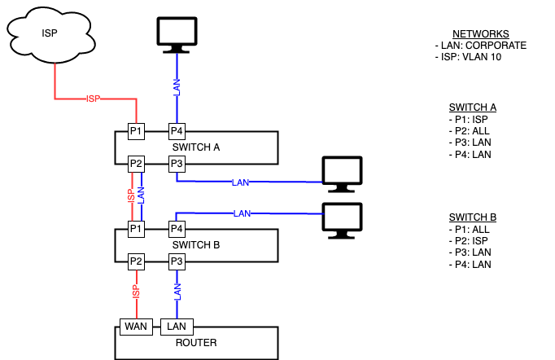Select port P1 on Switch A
(x=136, y=131)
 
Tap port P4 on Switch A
(x=177, y=131)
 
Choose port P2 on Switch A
(x=136, y=164)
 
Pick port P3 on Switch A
(x=177, y=164)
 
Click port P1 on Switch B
(x=136, y=228)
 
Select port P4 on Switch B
(x=177, y=228)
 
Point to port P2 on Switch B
(x=136, y=261)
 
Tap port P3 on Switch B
(x=177, y=261)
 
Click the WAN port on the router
(x=134, y=326)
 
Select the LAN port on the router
(x=177, y=326)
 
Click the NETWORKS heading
(x=480, y=33)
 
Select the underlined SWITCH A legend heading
(x=472, y=107)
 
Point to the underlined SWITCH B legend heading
(x=472, y=217)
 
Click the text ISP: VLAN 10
(x=470, y=57)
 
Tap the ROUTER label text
(x=196, y=343)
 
